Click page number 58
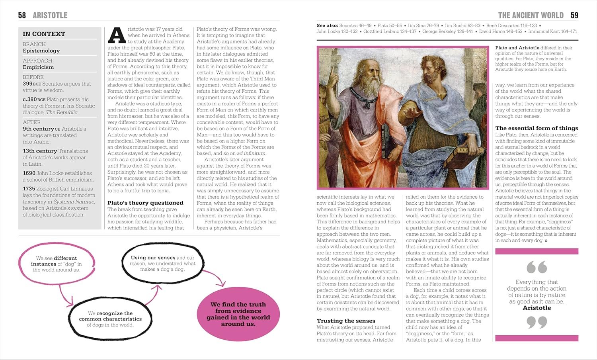(22, 16)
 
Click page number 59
(574, 16)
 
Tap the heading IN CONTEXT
(44, 34)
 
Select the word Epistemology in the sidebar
(41, 51)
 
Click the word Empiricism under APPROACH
(38, 67)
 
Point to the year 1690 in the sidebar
(29, 173)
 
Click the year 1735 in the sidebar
(29, 189)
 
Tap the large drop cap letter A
(117, 35)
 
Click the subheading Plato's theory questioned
(145, 203)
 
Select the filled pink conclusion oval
(238, 314)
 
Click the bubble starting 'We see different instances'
(57, 264)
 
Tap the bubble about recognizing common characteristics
(110, 319)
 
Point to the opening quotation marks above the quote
(537, 267)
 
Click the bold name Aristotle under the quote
(537, 308)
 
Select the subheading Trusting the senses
(346, 321)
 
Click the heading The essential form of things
(537, 128)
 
